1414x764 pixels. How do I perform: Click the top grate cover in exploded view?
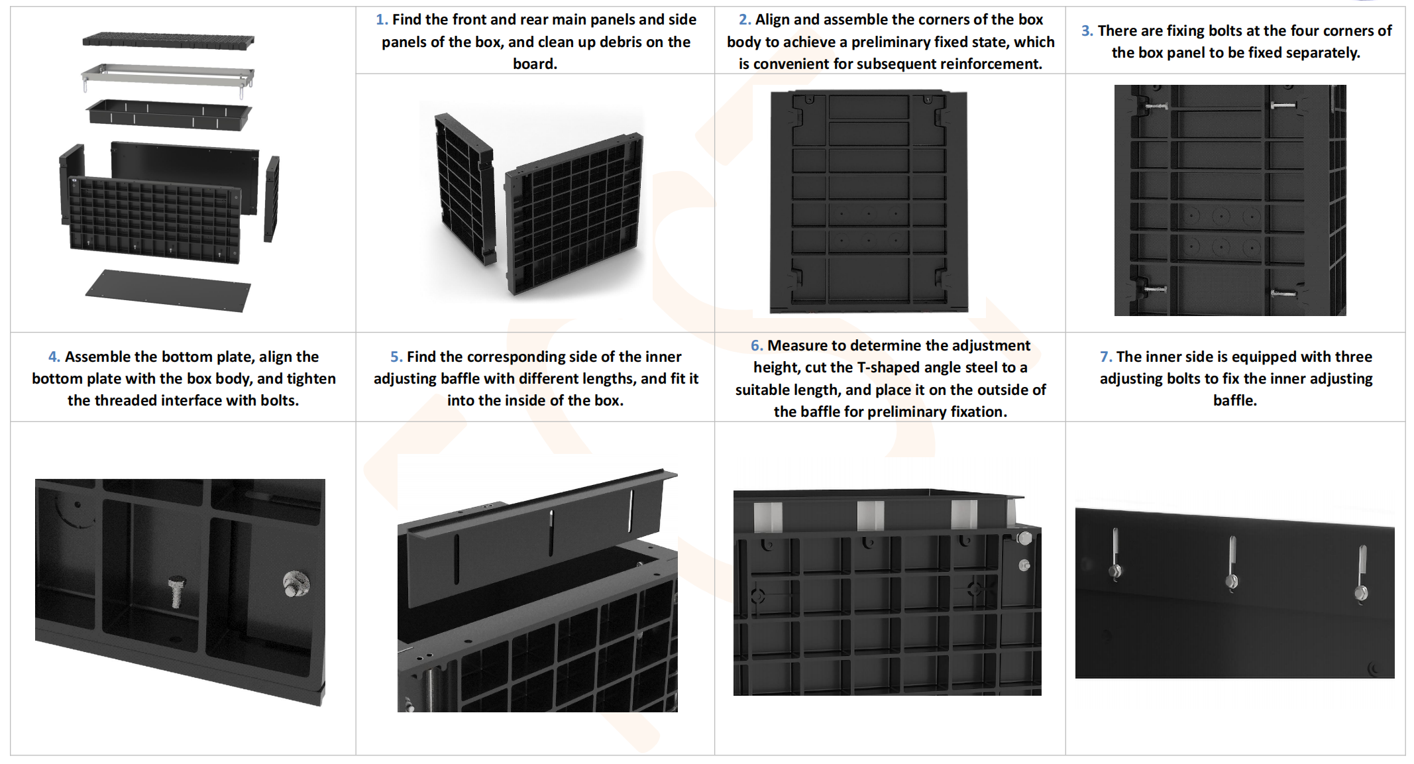168,40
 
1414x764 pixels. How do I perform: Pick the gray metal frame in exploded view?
168,78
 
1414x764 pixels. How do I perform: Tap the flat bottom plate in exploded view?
168,290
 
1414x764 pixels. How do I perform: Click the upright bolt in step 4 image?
176,591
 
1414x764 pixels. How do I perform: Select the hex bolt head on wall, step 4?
296,584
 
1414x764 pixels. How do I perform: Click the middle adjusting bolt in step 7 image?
1232,563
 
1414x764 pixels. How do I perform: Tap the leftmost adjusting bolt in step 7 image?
1116,555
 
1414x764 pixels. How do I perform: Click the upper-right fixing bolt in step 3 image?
1283,105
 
